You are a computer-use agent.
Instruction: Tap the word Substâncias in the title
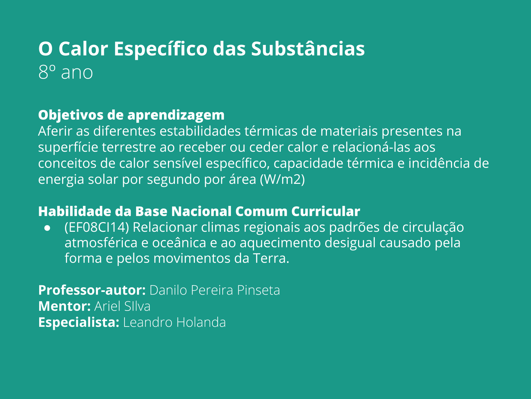pos(308,49)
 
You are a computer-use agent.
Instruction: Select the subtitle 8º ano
pos(65,72)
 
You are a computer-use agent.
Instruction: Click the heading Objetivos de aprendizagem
pos(131,115)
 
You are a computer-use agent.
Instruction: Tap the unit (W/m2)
pos(282,179)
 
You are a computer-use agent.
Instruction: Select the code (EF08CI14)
pos(97,227)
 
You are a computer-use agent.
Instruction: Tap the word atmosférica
pos(101,243)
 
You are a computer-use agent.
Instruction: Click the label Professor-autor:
pos(92,290)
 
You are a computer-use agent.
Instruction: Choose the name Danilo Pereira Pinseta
pos(215,290)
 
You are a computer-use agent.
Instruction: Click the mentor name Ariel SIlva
pos(122,306)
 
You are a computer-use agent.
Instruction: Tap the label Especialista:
pos(79,322)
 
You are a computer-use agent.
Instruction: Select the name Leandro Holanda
pos(174,322)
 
